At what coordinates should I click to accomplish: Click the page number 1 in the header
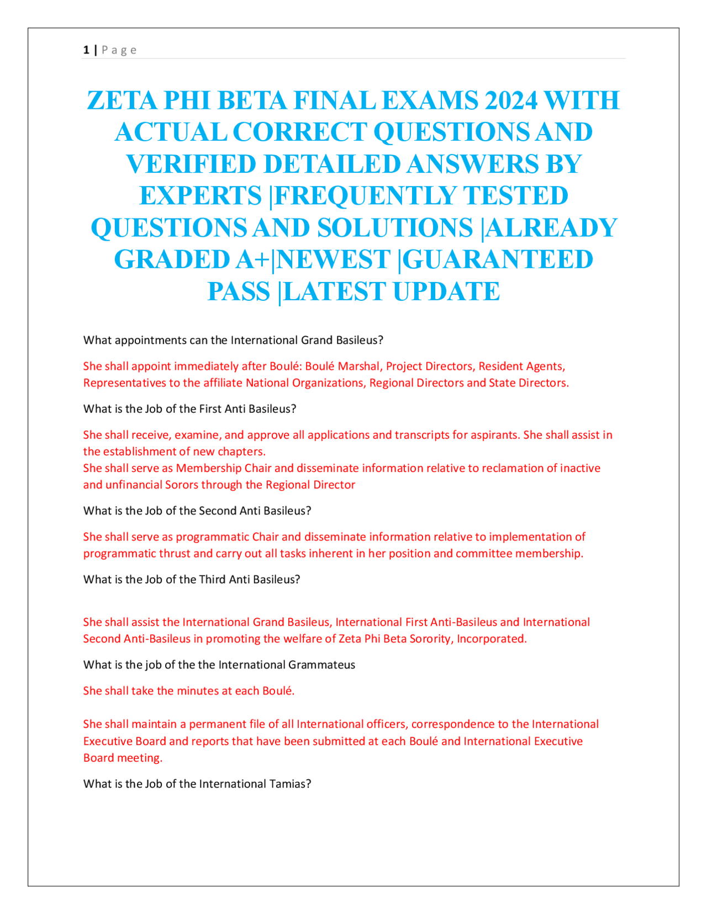[86, 50]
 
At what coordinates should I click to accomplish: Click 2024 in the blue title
[511, 100]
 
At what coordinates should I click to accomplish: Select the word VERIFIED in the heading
[191, 164]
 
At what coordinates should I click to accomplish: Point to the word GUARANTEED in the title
[498, 259]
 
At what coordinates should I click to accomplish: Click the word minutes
[198, 691]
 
